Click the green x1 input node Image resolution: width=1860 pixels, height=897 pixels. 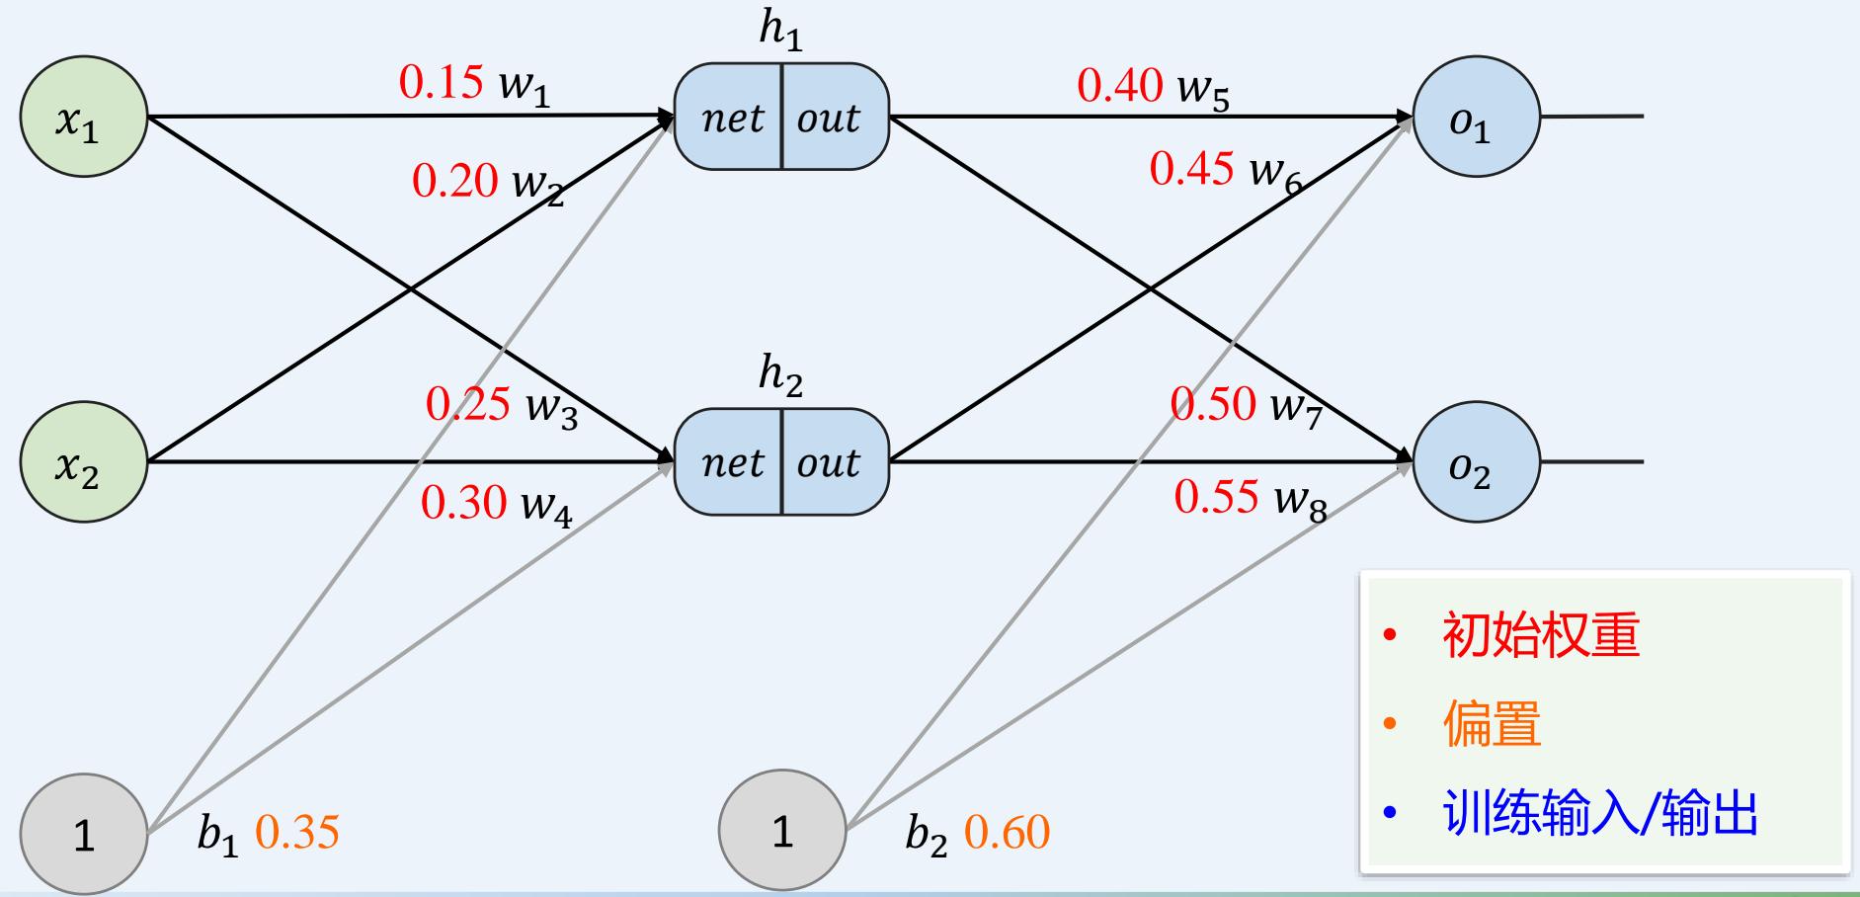pos(84,117)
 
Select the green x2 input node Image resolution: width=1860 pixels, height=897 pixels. pos(84,461)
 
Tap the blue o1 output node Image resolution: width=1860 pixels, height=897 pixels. pos(1476,117)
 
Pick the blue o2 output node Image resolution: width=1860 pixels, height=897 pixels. pos(1476,461)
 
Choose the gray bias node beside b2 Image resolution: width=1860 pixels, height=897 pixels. pos(782,830)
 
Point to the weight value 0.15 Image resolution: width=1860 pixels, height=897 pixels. pos(441,82)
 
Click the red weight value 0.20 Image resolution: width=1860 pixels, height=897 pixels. pos(454,180)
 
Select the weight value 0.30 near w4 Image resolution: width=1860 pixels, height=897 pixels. pos(463,502)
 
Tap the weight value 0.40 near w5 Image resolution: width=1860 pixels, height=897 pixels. pos(1119,85)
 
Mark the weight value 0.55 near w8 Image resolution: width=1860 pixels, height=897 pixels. pos(1216,496)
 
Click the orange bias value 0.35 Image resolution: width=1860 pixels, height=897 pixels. pos(296,832)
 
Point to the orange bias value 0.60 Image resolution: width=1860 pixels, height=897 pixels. pos(1007,832)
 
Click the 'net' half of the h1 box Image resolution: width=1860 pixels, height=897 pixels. pos(731,118)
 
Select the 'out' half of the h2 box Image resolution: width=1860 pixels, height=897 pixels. pos(830,462)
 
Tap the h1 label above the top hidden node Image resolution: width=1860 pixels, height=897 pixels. pos(780,30)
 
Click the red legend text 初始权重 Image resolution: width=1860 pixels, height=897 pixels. pos(1540,634)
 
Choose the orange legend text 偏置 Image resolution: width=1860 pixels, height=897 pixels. pos(1492,724)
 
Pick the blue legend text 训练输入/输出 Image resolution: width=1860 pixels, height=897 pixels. pos(1600,815)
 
